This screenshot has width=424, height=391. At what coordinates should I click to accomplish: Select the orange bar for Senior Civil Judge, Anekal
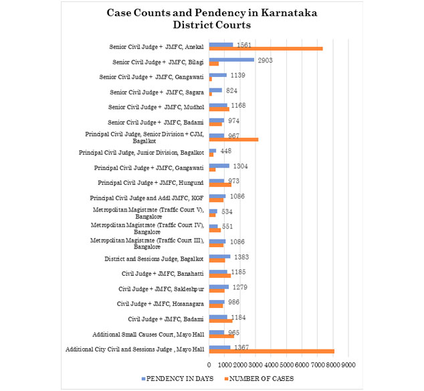click(266, 49)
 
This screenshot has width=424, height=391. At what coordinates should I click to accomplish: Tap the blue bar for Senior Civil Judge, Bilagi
click(231, 60)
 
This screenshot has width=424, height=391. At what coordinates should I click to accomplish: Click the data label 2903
click(265, 60)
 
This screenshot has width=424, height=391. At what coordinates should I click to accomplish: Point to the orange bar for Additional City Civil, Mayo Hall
click(272, 351)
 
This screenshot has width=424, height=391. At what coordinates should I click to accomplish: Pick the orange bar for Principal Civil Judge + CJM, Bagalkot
click(233, 140)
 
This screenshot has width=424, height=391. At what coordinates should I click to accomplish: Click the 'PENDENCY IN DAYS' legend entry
click(177, 378)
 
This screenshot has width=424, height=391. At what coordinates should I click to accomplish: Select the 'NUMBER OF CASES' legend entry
click(259, 378)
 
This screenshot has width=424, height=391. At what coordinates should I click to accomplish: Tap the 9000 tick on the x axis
click(348, 365)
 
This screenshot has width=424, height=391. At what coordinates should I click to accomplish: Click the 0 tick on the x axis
click(209, 365)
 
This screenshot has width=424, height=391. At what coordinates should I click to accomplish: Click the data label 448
click(226, 151)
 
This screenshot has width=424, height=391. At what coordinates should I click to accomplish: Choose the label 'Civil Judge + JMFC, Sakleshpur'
click(161, 289)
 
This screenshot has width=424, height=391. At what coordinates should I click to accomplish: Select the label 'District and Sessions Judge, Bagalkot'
click(154, 259)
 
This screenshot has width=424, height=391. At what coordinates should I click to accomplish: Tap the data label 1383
click(241, 257)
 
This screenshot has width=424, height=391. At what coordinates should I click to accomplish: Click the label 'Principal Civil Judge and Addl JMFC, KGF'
click(147, 198)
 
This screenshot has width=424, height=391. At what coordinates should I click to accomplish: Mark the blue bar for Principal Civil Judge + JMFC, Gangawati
click(219, 166)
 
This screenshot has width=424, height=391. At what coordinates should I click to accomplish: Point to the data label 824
click(232, 90)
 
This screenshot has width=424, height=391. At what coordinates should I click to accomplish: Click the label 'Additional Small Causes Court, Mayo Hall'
click(148, 334)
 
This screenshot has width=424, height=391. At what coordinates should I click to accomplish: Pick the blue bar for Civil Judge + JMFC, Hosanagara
click(217, 302)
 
